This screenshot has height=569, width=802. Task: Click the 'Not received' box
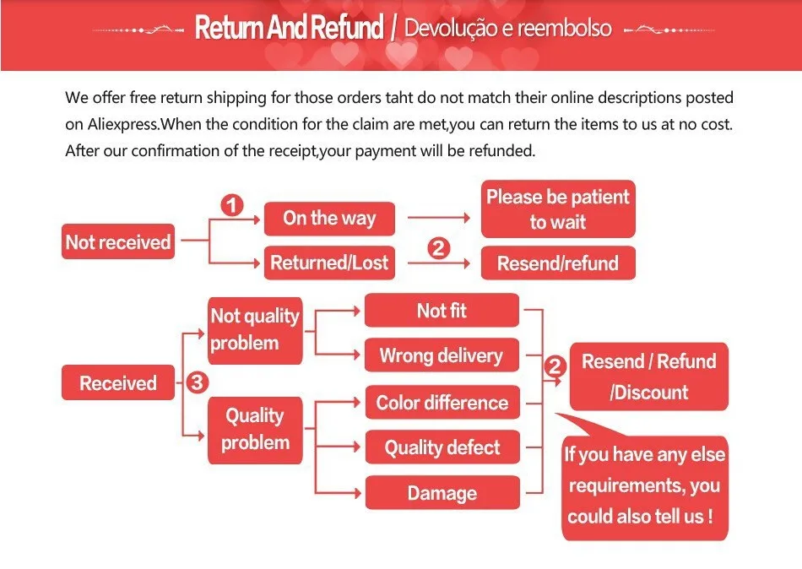point(118,242)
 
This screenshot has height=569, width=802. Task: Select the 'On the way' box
point(328,219)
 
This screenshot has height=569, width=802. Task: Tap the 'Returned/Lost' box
point(328,263)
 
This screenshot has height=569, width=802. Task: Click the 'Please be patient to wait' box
point(557,209)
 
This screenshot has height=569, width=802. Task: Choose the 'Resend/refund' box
point(557,263)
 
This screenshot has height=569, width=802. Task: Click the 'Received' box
point(118,383)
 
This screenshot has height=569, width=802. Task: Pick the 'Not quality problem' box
point(255,329)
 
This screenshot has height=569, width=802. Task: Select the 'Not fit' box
point(442,311)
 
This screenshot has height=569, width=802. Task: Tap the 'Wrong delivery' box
point(442,355)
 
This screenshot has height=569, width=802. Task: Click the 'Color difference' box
point(442,403)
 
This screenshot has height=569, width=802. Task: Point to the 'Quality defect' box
point(442,447)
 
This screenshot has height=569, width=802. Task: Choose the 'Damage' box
point(442,493)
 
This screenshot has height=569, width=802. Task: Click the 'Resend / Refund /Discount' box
point(648,377)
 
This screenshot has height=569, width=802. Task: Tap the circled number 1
point(231,206)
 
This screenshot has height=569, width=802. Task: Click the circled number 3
point(196,382)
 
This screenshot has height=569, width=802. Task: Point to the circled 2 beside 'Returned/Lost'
point(438,248)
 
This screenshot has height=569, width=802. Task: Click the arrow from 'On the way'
point(438,219)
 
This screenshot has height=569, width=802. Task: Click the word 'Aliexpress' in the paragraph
point(123,124)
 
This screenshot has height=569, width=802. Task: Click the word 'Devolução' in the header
point(452,28)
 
